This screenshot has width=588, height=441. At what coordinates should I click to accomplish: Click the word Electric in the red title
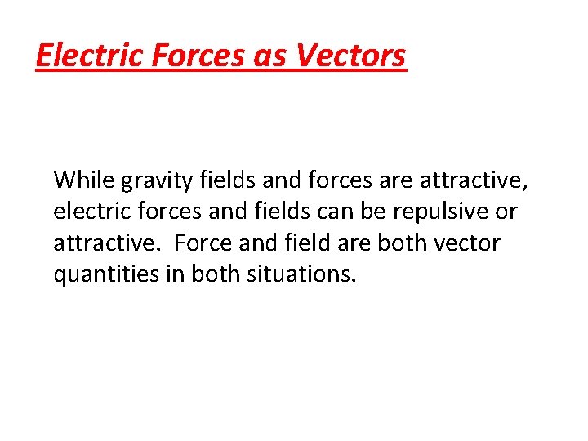(86, 56)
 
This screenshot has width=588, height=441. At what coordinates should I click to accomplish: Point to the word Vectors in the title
(351, 56)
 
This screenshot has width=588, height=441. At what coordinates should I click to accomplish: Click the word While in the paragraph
(82, 179)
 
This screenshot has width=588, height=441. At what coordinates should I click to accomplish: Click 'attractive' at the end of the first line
(473, 179)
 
